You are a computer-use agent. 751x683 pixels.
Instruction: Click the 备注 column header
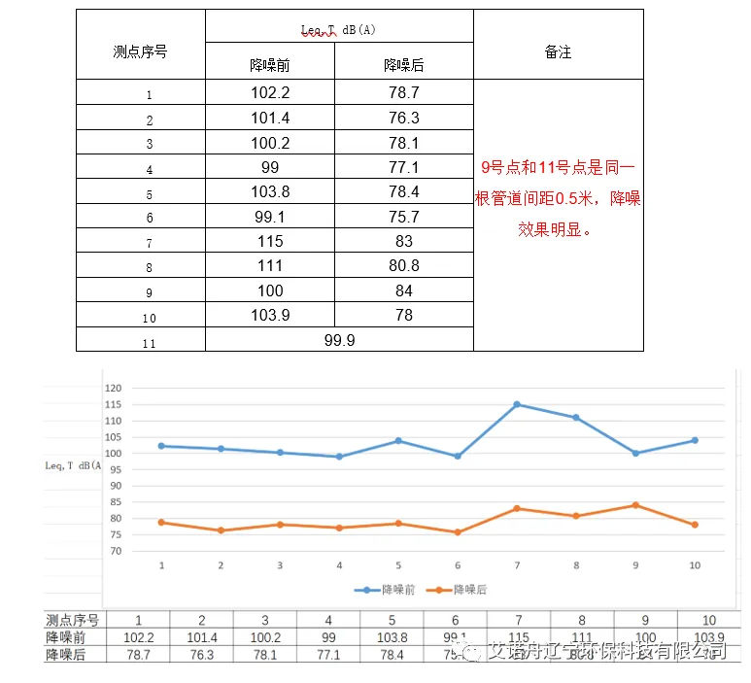click(x=558, y=52)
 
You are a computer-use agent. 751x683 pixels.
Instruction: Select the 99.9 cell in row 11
click(x=338, y=339)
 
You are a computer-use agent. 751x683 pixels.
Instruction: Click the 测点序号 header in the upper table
click(x=140, y=51)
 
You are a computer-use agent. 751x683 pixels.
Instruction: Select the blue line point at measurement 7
click(x=517, y=404)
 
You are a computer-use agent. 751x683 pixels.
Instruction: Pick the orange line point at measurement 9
click(x=635, y=505)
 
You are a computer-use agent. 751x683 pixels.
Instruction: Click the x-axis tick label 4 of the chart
click(x=339, y=565)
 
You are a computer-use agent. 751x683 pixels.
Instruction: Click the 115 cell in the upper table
click(x=270, y=241)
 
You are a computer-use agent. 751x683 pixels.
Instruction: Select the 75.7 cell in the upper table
click(x=404, y=217)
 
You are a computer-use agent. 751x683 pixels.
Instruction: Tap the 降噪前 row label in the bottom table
click(x=66, y=637)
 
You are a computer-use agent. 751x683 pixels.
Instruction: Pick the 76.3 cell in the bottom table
click(x=201, y=655)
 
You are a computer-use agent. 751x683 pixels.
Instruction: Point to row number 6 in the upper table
click(x=149, y=219)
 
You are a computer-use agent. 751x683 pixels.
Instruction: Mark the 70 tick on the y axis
click(x=114, y=551)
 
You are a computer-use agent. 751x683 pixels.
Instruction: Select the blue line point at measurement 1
click(x=161, y=446)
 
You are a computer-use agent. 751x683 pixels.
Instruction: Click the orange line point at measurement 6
click(x=458, y=532)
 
